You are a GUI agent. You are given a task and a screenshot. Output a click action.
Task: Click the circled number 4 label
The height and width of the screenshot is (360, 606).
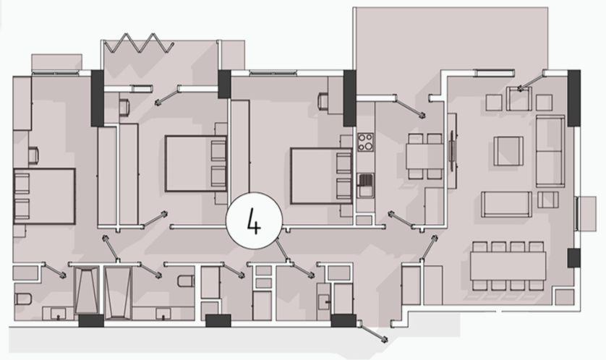tap(254, 220)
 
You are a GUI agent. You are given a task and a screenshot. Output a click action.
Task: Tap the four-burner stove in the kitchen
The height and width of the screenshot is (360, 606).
tap(365, 142)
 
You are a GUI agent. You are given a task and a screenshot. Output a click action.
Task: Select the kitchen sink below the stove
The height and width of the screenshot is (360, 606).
tap(365, 184)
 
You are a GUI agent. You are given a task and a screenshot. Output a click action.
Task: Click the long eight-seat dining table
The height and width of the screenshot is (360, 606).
tap(508, 266)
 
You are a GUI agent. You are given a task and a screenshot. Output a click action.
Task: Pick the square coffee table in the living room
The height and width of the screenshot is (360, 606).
tap(508, 151)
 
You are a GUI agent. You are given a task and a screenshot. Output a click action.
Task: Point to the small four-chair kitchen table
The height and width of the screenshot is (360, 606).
tap(424, 156)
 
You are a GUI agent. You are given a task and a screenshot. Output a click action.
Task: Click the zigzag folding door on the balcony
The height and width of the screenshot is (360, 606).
tap(139, 43)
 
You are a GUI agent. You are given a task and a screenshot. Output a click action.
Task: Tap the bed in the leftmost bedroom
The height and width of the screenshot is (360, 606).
tap(44, 196)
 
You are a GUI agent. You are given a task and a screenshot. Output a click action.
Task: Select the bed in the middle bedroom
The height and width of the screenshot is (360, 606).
tap(195, 163)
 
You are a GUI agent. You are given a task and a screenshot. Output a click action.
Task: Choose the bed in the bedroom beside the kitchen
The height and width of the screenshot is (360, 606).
tap(322, 176)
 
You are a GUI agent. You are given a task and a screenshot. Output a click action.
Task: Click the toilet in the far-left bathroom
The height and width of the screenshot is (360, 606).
tap(22, 299)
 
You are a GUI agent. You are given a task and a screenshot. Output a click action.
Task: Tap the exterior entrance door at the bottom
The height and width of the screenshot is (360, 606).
tap(373, 331)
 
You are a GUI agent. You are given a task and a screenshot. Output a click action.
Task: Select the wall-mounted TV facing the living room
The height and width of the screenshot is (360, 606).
tap(451, 150)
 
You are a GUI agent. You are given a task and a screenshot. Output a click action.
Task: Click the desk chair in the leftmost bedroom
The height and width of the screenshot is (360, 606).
tap(33, 155)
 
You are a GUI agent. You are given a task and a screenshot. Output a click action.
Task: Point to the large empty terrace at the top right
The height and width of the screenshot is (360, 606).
tap(451, 38)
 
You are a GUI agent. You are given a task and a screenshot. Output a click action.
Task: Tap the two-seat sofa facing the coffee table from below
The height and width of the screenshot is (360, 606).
tap(506, 205)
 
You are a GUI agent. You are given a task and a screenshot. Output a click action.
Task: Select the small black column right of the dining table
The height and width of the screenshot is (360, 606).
tap(574, 258)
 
